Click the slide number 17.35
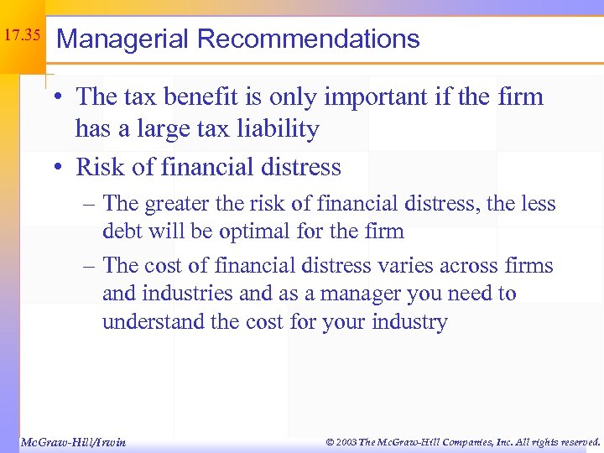click(x=23, y=36)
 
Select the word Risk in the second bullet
click(x=98, y=167)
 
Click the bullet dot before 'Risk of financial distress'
click(x=63, y=168)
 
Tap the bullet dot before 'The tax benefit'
click(x=63, y=98)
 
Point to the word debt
click(x=121, y=231)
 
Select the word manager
click(x=336, y=294)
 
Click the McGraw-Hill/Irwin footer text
click(x=72, y=441)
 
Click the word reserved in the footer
click(x=575, y=441)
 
